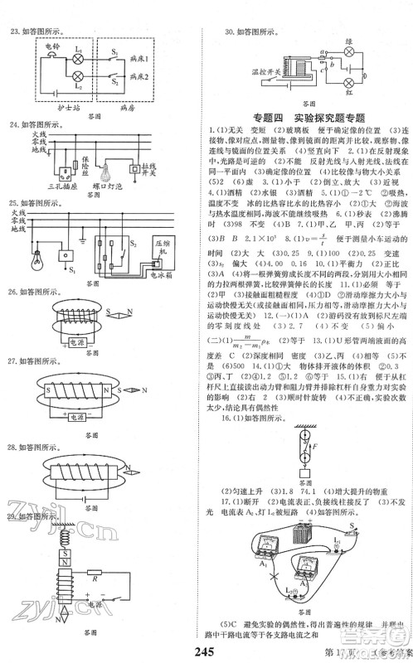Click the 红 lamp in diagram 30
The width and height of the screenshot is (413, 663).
click(338, 87)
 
